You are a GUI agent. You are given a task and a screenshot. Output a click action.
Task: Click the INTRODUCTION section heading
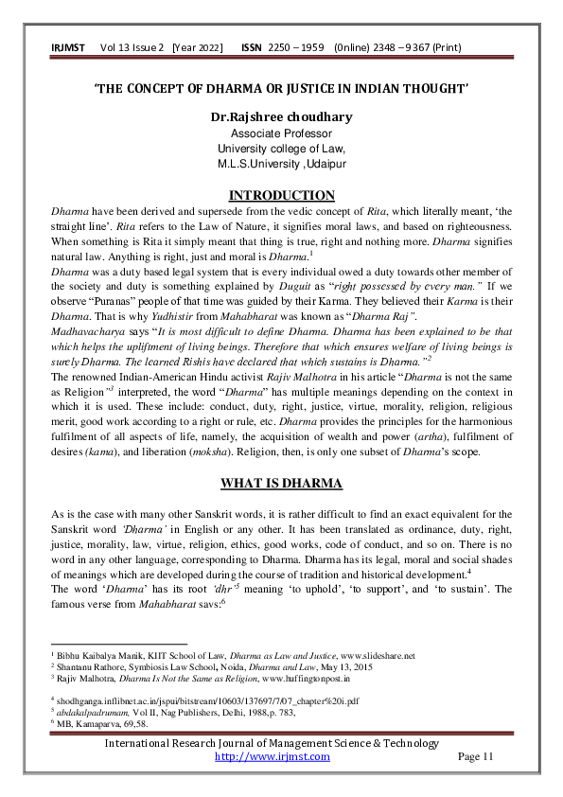(282, 196)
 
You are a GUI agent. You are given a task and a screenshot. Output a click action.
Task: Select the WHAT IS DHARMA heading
(281, 484)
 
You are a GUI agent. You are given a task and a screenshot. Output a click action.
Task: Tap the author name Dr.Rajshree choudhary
(281, 117)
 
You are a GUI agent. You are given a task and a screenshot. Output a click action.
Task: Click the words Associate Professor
(281, 133)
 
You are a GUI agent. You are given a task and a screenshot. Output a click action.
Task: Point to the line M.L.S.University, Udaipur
(281, 163)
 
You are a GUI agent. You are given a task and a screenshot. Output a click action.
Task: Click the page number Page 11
(476, 756)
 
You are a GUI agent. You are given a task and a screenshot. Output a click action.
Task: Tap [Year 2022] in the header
(202, 46)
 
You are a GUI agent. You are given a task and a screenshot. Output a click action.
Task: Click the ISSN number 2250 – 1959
(296, 46)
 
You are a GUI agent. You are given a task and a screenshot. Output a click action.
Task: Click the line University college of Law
(281, 148)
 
